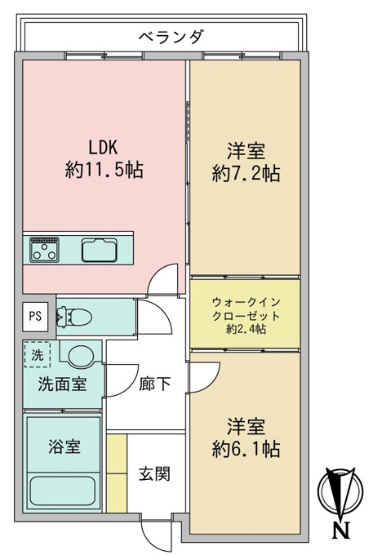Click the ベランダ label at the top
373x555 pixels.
pos(171,37)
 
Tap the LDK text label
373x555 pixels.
pos(103,147)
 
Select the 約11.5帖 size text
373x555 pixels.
pos(104,170)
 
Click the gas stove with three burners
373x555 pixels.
pos(44,250)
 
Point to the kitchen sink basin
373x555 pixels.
pos(100,251)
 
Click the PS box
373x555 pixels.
pos(35,316)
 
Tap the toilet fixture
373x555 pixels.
pos(74,316)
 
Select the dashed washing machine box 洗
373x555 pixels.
pos(38,355)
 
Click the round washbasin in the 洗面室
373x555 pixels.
pos(81,355)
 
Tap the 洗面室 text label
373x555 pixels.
pos(62,384)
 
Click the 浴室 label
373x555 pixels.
pos(64,446)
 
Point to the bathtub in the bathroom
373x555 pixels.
pos(63,491)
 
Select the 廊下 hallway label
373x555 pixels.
pos(154,384)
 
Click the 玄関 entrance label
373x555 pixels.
pos(154,474)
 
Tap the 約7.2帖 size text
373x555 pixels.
pos(246,173)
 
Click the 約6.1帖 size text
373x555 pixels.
pos(246,449)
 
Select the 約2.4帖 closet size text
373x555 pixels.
pos(246,329)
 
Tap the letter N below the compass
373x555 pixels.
pos(341,531)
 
